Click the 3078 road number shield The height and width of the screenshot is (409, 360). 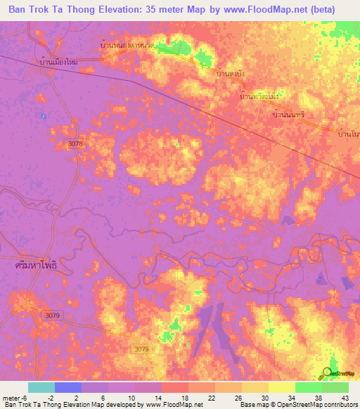(x=76, y=143)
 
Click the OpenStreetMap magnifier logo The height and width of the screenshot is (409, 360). (x=328, y=372)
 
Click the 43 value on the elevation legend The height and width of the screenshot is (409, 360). (x=344, y=397)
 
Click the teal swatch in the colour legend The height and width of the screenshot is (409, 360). (x=41, y=387)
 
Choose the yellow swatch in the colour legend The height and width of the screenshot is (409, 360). (x=281, y=387)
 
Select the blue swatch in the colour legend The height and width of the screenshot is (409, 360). (x=67, y=387)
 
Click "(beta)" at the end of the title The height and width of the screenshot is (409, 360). (x=320, y=9)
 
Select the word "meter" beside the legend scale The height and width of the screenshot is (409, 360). (x=11, y=397)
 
